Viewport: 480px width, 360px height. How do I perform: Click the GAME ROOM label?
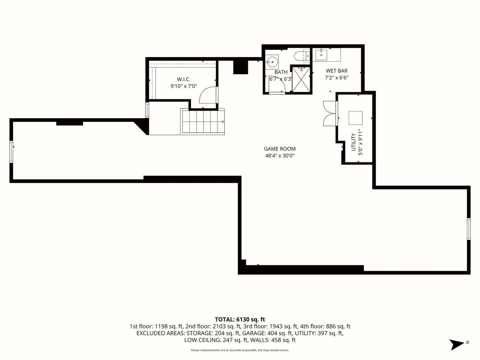280,149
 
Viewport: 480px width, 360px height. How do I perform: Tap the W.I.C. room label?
184,79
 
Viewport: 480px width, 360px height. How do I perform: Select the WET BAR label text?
336,71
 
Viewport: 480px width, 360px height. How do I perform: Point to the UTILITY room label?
353,142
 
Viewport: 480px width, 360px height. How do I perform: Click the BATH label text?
281,72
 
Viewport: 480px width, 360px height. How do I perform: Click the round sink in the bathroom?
272,62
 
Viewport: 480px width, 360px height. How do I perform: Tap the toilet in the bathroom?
300,56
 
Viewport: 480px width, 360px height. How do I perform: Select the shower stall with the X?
301,79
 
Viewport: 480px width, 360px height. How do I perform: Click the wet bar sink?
321,55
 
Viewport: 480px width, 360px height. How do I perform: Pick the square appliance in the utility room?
355,118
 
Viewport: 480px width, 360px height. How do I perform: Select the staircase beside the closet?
202,121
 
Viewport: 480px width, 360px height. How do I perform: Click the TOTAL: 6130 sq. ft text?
240,319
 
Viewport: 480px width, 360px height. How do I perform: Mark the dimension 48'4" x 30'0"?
280,156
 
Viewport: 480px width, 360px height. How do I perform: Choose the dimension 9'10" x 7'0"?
184,86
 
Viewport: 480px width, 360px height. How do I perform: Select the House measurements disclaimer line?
240,350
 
